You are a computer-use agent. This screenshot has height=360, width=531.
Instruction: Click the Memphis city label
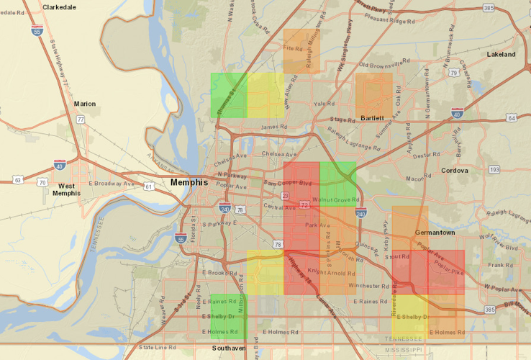tap(189, 183)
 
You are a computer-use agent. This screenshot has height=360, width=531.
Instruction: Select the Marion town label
tap(84, 104)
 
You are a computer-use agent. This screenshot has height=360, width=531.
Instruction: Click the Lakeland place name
tap(501, 54)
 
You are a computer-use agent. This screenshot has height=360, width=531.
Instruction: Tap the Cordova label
tap(455, 171)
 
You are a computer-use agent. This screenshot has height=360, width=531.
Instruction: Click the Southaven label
tap(229, 348)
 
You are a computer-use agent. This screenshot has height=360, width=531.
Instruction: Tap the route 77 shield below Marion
tap(81, 119)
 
